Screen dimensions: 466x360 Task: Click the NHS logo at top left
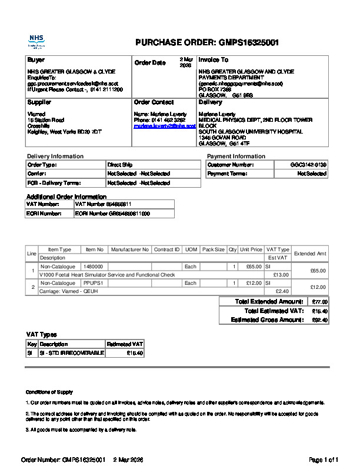pos(36,41)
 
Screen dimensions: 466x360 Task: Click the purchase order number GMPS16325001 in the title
pos(249,42)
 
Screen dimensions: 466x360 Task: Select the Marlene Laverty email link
pos(164,126)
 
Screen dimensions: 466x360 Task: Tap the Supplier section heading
pos(39,102)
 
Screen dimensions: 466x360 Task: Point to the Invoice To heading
pos(214,60)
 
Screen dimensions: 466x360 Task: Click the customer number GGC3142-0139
pos(308,165)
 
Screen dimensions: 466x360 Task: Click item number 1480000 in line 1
pos(93,267)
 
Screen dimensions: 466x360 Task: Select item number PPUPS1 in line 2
pos(93,283)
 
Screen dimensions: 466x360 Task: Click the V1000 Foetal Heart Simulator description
pos(106,275)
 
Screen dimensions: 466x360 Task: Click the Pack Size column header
pos(213,249)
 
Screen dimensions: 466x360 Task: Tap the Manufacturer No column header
pos(130,249)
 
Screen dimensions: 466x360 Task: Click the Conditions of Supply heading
pos(49,392)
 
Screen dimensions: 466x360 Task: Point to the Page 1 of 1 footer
pos(324,459)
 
